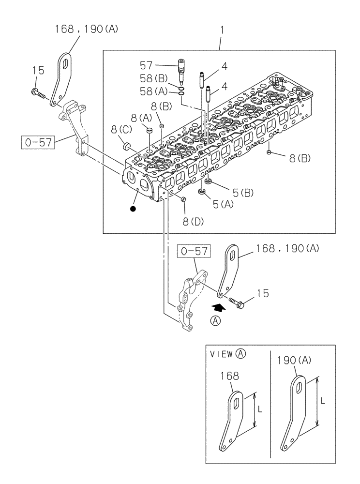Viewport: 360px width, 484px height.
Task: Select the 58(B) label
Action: coord(154,78)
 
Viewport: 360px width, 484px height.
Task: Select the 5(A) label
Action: coord(224,204)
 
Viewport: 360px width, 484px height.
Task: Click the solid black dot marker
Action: coord(133,209)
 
